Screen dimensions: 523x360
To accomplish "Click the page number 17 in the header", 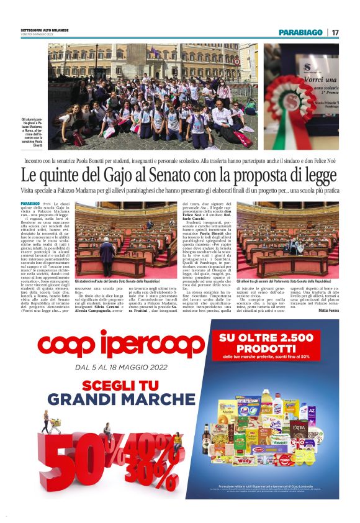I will coord(335,32).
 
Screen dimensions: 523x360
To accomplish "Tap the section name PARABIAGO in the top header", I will coord(300,32).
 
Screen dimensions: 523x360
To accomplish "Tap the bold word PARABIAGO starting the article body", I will coord(30,204).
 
